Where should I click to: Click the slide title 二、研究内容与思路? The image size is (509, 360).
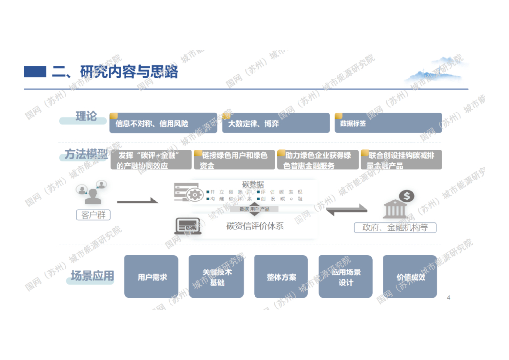pos(115,72)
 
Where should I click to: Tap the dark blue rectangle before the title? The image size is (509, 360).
pos(35,72)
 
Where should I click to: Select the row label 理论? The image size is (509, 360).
pos(86,117)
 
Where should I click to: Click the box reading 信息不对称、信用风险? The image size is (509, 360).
pos(163,123)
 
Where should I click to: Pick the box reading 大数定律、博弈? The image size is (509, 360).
pos(275,123)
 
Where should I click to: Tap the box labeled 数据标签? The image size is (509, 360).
pos(388,123)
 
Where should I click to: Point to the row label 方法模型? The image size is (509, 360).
pos(86,155)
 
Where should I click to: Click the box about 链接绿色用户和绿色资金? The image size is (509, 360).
pos(234,160)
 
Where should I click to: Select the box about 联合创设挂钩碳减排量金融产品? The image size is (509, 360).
pos(401,160)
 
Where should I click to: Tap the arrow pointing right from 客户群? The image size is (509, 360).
pos(137,201)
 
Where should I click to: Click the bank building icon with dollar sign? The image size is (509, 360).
pos(398,205)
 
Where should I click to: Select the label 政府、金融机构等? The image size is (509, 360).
pos(395,228)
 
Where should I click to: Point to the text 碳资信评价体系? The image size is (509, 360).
pos(255,226)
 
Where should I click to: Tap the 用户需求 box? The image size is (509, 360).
pos(151,277)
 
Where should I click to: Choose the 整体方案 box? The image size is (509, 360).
pos(281,277)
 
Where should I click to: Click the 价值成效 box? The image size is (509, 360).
pos(410,277)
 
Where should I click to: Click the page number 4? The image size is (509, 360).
pos(449,298)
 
